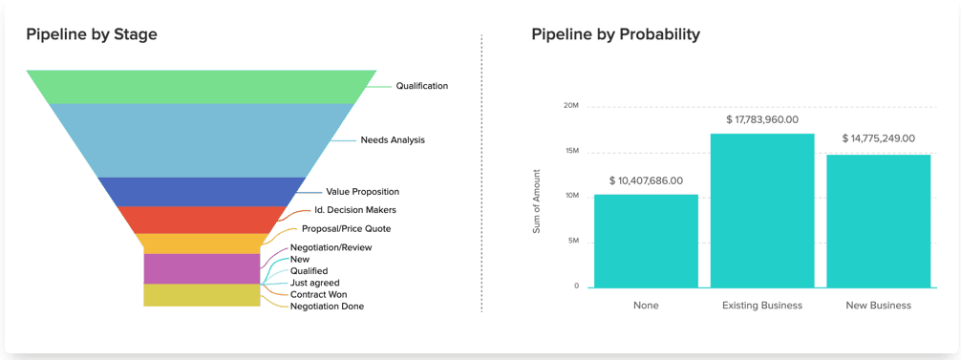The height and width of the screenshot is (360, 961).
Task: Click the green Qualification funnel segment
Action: (x=201, y=86)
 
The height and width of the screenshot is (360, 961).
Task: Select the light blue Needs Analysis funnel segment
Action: (x=201, y=139)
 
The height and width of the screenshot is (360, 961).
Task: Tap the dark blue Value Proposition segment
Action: (x=201, y=192)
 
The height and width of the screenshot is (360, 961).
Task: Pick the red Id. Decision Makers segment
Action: (x=201, y=220)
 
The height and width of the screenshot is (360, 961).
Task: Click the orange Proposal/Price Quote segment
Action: (x=201, y=244)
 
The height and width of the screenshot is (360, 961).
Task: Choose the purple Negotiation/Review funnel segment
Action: (x=202, y=268)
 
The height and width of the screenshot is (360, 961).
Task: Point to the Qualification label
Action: (x=421, y=86)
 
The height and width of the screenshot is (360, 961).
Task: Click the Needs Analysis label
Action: (x=393, y=140)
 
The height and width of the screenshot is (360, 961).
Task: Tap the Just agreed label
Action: (x=314, y=283)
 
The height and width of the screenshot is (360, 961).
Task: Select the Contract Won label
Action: (x=319, y=294)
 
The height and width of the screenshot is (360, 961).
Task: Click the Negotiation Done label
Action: (x=327, y=307)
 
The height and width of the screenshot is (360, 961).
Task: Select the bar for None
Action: (x=646, y=242)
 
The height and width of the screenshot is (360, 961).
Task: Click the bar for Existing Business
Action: (x=762, y=211)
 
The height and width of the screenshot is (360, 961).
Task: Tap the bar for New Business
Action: (x=878, y=221)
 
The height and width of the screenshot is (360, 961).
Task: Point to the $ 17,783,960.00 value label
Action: (x=762, y=120)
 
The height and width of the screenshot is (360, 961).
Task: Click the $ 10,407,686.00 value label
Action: (x=646, y=181)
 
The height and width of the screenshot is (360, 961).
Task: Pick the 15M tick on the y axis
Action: (x=570, y=151)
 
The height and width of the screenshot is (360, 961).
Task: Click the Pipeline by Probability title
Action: (x=615, y=35)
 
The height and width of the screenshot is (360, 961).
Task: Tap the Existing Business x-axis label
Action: (x=762, y=305)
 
